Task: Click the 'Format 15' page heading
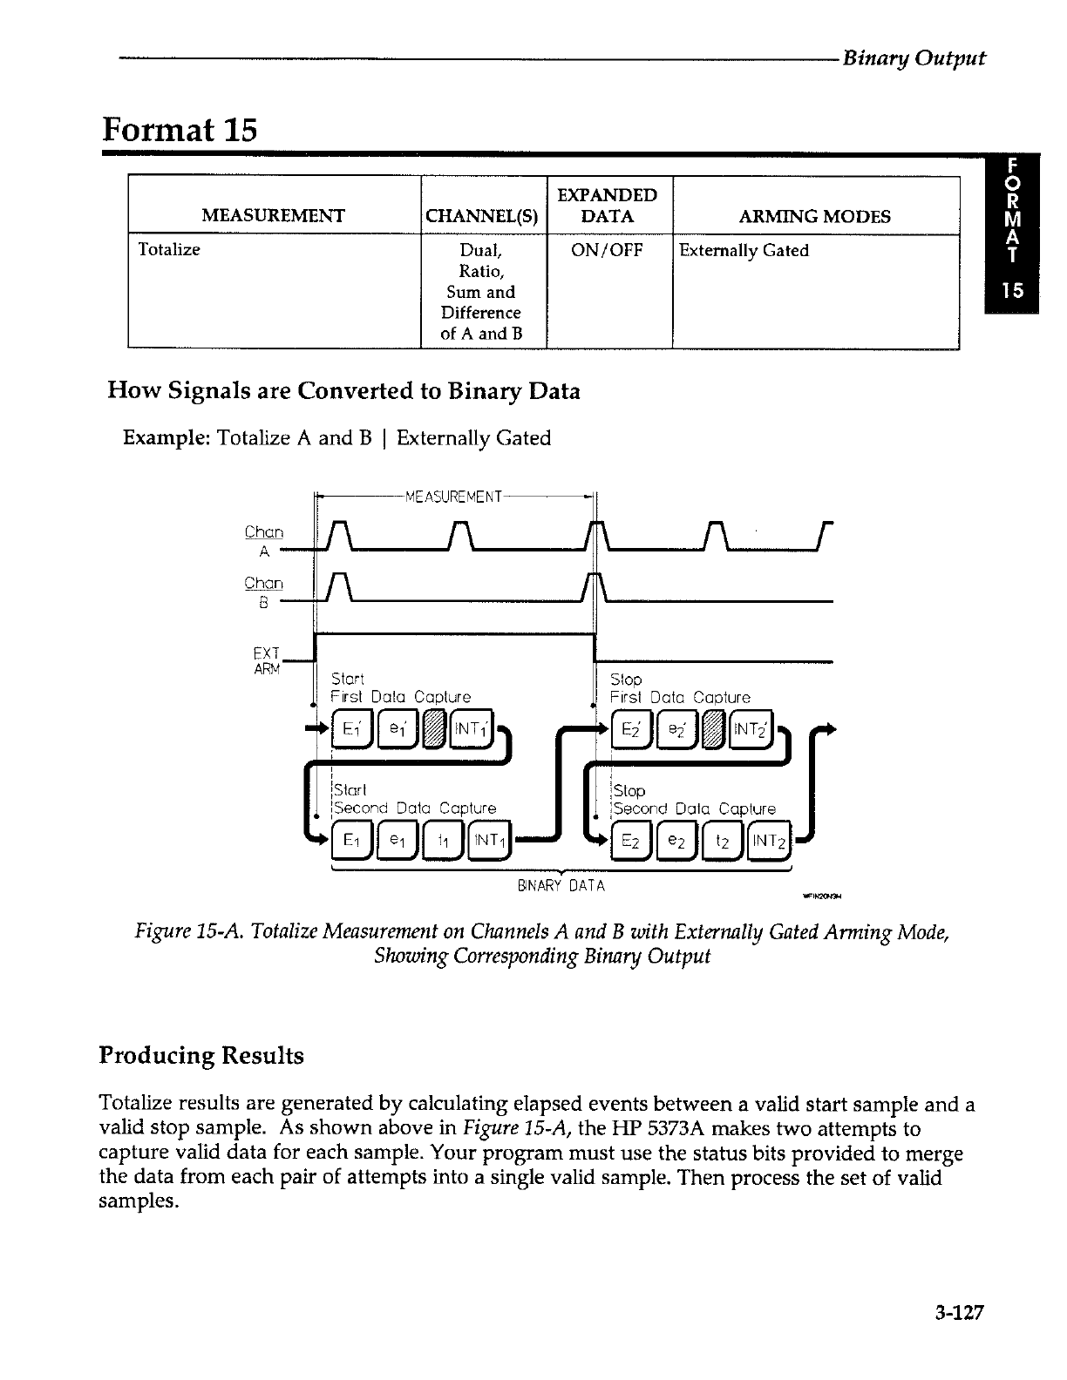pos(180,130)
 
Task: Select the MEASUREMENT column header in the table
pos(273,216)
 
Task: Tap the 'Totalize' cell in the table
pos(170,250)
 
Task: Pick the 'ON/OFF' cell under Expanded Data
pos(607,251)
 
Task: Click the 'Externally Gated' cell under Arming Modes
pos(744,251)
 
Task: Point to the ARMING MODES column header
pos(814,216)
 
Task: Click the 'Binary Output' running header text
pos(914,58)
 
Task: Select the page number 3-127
pos(955,1313)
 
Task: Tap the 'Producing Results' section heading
pos(202,1056)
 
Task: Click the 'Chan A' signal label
pos(264,541)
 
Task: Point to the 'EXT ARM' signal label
pos(266,660)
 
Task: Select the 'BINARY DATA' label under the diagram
pos(561,886)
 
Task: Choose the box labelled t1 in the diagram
pos(443,842)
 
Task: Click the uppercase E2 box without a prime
pos(629,842)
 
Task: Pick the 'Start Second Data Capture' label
pos(414,800)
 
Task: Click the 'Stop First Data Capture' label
pos(679,688)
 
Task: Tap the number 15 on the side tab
pos(1011,291)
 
